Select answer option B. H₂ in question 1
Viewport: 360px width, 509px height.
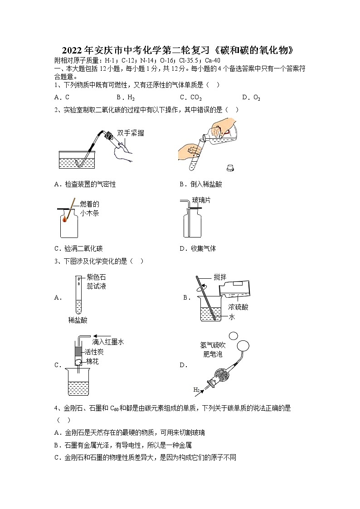pos(126,97)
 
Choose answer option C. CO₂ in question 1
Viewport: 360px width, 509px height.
pos(190,97)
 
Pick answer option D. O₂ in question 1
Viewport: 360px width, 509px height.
pos(251,97)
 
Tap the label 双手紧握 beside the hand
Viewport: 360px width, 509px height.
pos(130,133)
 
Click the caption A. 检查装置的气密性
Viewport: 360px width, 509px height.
pos(85,184)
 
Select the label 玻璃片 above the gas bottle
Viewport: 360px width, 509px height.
pos(201,200)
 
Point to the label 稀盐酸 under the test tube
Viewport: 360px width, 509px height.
pos(78,320)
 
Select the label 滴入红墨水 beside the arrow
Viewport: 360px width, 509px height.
pos(108,342)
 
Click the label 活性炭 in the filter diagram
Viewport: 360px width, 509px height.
pos(95,352)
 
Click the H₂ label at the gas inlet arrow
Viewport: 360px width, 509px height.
pos(197,389)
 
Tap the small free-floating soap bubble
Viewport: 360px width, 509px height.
pos(234,336)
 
